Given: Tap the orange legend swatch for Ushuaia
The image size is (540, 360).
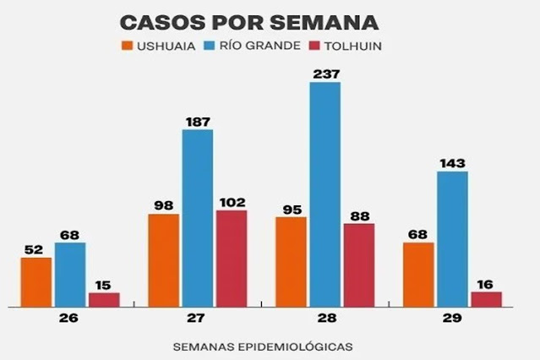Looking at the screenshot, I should tap(128, 46).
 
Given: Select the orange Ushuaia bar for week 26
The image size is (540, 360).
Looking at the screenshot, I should tap(36, 281).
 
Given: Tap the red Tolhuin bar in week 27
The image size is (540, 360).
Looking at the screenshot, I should tap(232, 258).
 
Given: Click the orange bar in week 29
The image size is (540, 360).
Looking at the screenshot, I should tap(418, 274).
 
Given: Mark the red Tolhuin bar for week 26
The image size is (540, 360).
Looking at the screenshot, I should tap(104, 299).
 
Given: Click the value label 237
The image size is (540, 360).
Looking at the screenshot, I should tap(325, 74).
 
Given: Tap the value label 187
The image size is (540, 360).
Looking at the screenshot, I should tap(197, 121).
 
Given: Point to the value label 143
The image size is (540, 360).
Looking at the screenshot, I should tap(452, 162).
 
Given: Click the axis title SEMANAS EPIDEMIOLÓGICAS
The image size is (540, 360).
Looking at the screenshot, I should tap(263, 346).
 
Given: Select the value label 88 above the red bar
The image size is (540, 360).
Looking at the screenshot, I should tap(358, 214).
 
